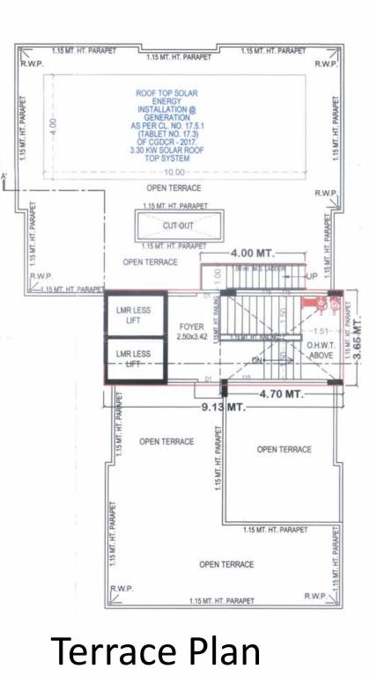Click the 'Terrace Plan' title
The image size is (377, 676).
click(x=156, y=652)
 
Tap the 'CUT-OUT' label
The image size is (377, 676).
click(x=179, y=225)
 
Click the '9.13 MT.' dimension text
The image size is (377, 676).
click(x=224, y=408)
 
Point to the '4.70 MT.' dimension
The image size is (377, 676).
click(x=280, y=395)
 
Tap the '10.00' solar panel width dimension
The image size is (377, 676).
click(x=174, y=173)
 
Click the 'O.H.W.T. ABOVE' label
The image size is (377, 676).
click(x=321, y=349)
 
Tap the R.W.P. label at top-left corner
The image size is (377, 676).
click(x=32, y=65)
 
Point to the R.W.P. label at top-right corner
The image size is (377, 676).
click(x=325, y=65)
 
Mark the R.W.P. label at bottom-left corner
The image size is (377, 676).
click(x=122, y=588)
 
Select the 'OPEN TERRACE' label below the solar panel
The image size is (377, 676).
click(x=174, y=188)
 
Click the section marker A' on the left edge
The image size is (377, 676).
click(x=5, y=177)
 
